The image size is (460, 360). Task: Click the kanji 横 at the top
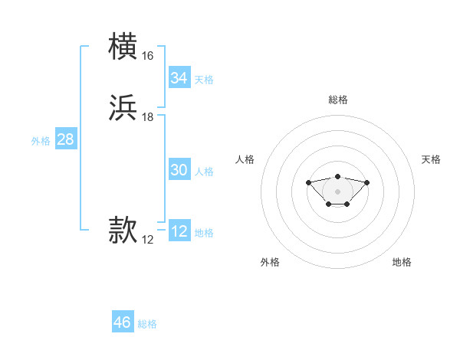point(124,47)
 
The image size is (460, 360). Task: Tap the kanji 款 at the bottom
point(124,231)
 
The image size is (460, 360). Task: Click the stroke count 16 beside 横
point(147,56)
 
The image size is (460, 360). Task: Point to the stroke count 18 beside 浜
point(147,117)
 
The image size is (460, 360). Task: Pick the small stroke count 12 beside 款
point(147,240)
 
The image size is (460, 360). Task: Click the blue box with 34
point(179,78)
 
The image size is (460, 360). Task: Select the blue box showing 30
point(179,170)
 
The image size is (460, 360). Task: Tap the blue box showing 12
point(179,231)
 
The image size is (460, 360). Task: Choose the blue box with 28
point(65,139)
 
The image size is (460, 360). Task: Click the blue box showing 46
point(123,322)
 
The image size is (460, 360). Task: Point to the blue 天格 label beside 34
point(204,80)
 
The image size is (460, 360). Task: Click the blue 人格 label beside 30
point(204,172)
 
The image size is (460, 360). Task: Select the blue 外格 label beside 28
point(41,141)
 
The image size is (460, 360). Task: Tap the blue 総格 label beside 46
point(147,324)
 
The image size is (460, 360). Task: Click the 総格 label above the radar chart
point(338,100)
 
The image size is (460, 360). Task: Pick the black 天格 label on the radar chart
point(431,159)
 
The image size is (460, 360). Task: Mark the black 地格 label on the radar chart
point(402,262)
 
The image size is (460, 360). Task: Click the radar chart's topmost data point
point(338,177)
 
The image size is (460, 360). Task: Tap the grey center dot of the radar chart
point(338,191)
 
